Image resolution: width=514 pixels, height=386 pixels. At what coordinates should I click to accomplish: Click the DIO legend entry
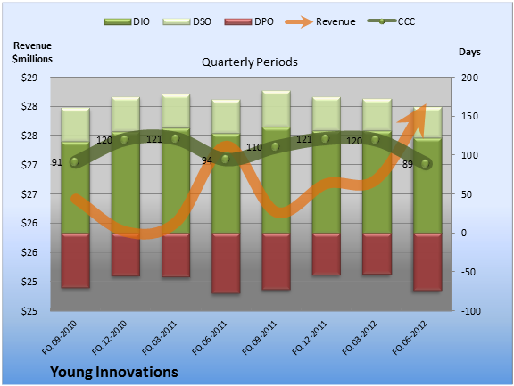(127, 21)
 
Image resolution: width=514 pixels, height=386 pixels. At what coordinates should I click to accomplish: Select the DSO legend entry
(187, 21)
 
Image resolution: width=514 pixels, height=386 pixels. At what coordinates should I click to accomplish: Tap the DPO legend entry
(249, 21)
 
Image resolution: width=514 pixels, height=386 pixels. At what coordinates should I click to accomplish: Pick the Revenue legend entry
(320, 21)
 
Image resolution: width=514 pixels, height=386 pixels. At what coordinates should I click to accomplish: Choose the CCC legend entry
(391, 21)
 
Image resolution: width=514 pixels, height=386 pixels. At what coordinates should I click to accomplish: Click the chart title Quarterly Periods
(250, 62)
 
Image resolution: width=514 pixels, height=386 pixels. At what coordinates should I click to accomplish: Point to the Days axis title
(469, 52)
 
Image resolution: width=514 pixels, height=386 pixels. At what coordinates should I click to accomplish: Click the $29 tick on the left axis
(29, 78)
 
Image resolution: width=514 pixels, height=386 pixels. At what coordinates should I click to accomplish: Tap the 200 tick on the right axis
(469, 78)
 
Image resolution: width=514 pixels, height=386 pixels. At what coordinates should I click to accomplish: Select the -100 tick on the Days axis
(471, 311)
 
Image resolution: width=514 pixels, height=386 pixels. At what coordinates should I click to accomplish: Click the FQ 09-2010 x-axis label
(59, 338)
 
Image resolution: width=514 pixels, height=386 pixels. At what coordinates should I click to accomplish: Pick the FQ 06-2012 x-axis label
(410, 338)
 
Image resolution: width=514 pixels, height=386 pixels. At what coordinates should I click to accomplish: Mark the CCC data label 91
(57, 162)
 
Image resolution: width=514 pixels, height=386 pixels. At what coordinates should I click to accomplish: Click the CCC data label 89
(408, 164)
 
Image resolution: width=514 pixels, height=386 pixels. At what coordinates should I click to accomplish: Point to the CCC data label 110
(254, 147)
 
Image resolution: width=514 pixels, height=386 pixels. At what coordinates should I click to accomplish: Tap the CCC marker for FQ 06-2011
(225, 159)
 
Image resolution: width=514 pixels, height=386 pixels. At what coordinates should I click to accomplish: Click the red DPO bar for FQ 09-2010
(75, 260)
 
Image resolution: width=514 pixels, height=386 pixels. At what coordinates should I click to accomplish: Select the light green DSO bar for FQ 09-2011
(276, 109)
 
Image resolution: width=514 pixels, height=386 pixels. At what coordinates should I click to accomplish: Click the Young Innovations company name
(114, 372)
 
